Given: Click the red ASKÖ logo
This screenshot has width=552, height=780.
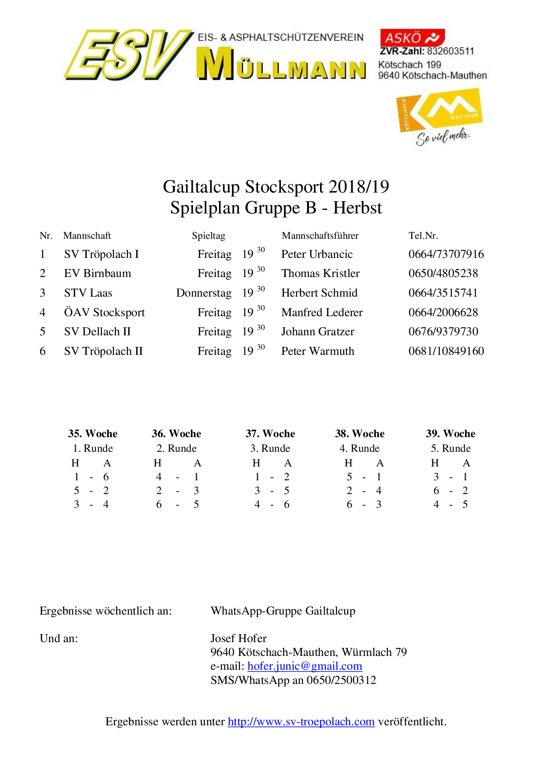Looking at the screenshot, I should pos(412,37).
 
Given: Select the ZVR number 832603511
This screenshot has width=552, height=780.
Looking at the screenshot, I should pos(451,51).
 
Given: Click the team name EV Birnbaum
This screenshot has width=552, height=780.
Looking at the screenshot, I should pos(97,273).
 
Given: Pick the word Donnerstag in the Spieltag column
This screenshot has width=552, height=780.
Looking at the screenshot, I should pos(204,293).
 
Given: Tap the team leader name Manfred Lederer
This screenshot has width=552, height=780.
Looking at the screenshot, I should pos(322,313).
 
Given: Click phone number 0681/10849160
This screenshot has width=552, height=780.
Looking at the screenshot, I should pos(446,351).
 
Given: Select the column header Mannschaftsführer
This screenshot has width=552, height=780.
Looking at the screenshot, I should pos(320,236).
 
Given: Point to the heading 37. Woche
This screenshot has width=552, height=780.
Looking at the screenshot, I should pos(270,434).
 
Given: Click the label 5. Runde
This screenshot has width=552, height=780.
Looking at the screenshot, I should pos(451,448).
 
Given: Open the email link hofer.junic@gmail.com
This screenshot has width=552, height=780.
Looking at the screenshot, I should pos(304,666).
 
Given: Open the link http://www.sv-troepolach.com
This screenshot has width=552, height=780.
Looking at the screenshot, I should pos(301,722).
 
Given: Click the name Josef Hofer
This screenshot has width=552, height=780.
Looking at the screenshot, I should pos(238,639).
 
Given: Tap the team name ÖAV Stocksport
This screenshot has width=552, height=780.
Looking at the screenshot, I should pos(104,313).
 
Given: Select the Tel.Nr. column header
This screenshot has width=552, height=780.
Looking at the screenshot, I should pos(423,236).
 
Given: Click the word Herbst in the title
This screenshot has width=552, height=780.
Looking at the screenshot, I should pos(357,208).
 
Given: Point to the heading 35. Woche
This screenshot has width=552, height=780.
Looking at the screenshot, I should pos(93,434).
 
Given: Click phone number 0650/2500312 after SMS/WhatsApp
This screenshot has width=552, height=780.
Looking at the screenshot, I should pos(341,680).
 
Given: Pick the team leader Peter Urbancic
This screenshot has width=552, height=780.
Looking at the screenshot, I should pos(317,254).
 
